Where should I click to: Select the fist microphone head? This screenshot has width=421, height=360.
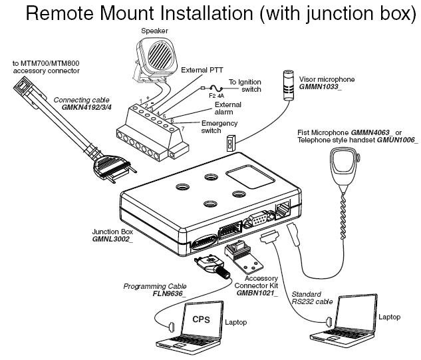[345, 162]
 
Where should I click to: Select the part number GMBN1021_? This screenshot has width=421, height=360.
[258, 293]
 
